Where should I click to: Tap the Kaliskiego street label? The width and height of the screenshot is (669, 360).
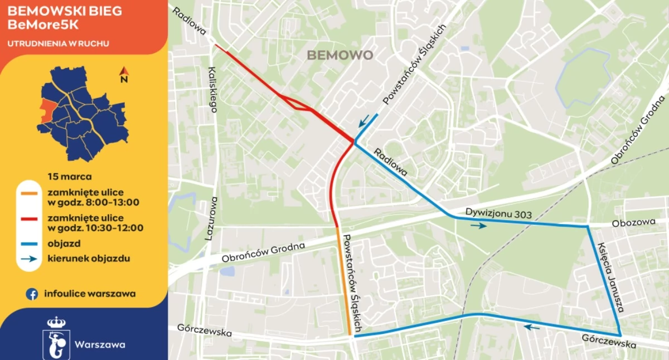click(x=212, y=89)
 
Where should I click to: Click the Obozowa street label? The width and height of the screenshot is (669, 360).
click(x=633, y=222)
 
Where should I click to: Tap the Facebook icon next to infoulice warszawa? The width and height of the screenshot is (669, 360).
click(x=32, y=294)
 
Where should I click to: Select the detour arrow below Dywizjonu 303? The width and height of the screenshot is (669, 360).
click(x=478, y=226)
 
